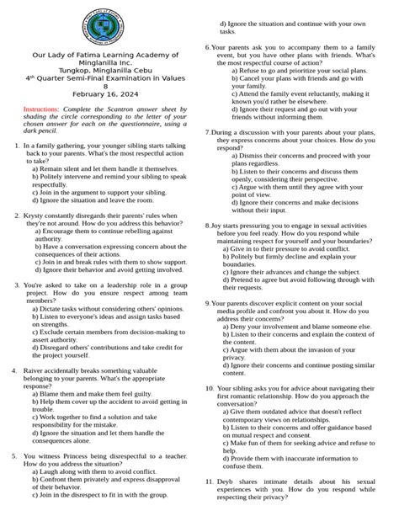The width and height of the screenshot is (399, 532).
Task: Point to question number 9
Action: [207, 302]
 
